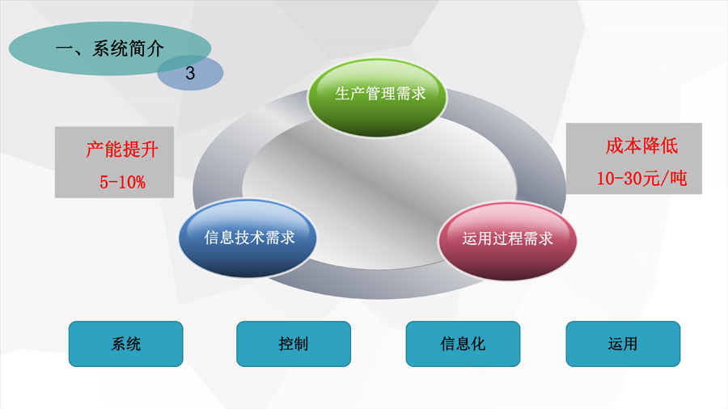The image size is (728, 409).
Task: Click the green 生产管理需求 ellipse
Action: (377, 97)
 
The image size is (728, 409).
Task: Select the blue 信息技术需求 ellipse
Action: (248, 238)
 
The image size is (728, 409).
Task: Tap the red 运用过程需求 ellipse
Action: (507, 240)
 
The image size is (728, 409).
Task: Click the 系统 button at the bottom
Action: (126, 344)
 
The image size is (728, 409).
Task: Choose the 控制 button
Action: (294, 344)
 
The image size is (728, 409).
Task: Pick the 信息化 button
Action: (463, 344)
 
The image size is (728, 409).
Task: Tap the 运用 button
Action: (623, 344)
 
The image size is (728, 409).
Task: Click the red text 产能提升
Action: (122, 150)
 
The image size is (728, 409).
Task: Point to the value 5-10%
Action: (123, 182)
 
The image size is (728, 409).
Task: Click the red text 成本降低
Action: (641, 146)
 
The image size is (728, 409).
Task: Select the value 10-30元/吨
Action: (641, 178)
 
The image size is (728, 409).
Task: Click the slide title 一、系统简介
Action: (110, 48)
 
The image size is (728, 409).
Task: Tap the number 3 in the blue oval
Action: (190, 74)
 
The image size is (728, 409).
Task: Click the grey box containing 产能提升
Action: (114, 162)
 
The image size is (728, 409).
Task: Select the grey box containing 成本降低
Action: (633, 158)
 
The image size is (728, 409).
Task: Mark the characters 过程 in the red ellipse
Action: (507, 238)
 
